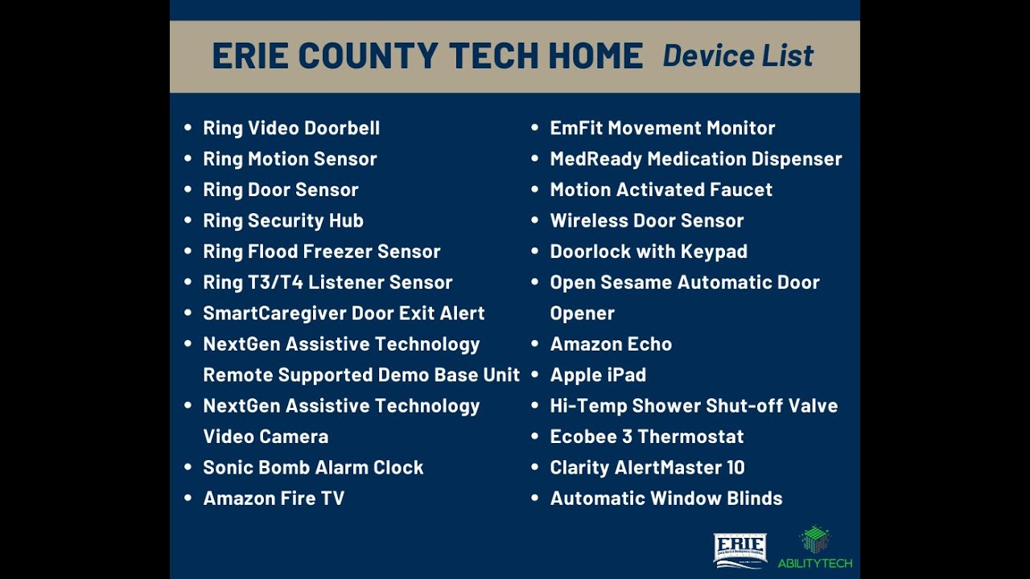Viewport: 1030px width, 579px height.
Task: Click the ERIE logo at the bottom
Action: [740, 551]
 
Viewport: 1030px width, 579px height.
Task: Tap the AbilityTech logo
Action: [814, 548]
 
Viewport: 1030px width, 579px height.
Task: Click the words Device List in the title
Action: [738, 56]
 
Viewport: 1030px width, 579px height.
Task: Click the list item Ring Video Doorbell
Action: [291, 128]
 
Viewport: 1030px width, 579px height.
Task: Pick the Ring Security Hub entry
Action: [283, 220]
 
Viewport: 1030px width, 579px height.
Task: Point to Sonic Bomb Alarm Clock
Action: [313, 467]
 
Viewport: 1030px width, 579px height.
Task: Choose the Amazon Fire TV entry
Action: [274, 499]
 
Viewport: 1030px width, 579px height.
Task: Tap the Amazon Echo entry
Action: [611, 344]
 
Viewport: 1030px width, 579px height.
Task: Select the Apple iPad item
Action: [598, 375]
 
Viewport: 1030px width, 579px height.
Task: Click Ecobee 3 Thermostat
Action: [647, 437]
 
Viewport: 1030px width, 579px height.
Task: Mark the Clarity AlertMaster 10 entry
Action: [647, 467]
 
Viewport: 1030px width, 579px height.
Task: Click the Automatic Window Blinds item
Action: [666, 499]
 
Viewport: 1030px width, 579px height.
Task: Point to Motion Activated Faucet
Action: [661, 190]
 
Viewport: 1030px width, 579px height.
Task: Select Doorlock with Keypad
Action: [649, 252]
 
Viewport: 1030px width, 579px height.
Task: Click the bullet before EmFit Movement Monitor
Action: [535, 128]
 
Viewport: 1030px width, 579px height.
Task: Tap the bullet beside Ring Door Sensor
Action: [188, 190]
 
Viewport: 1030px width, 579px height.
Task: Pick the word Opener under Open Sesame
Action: [582, 314]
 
